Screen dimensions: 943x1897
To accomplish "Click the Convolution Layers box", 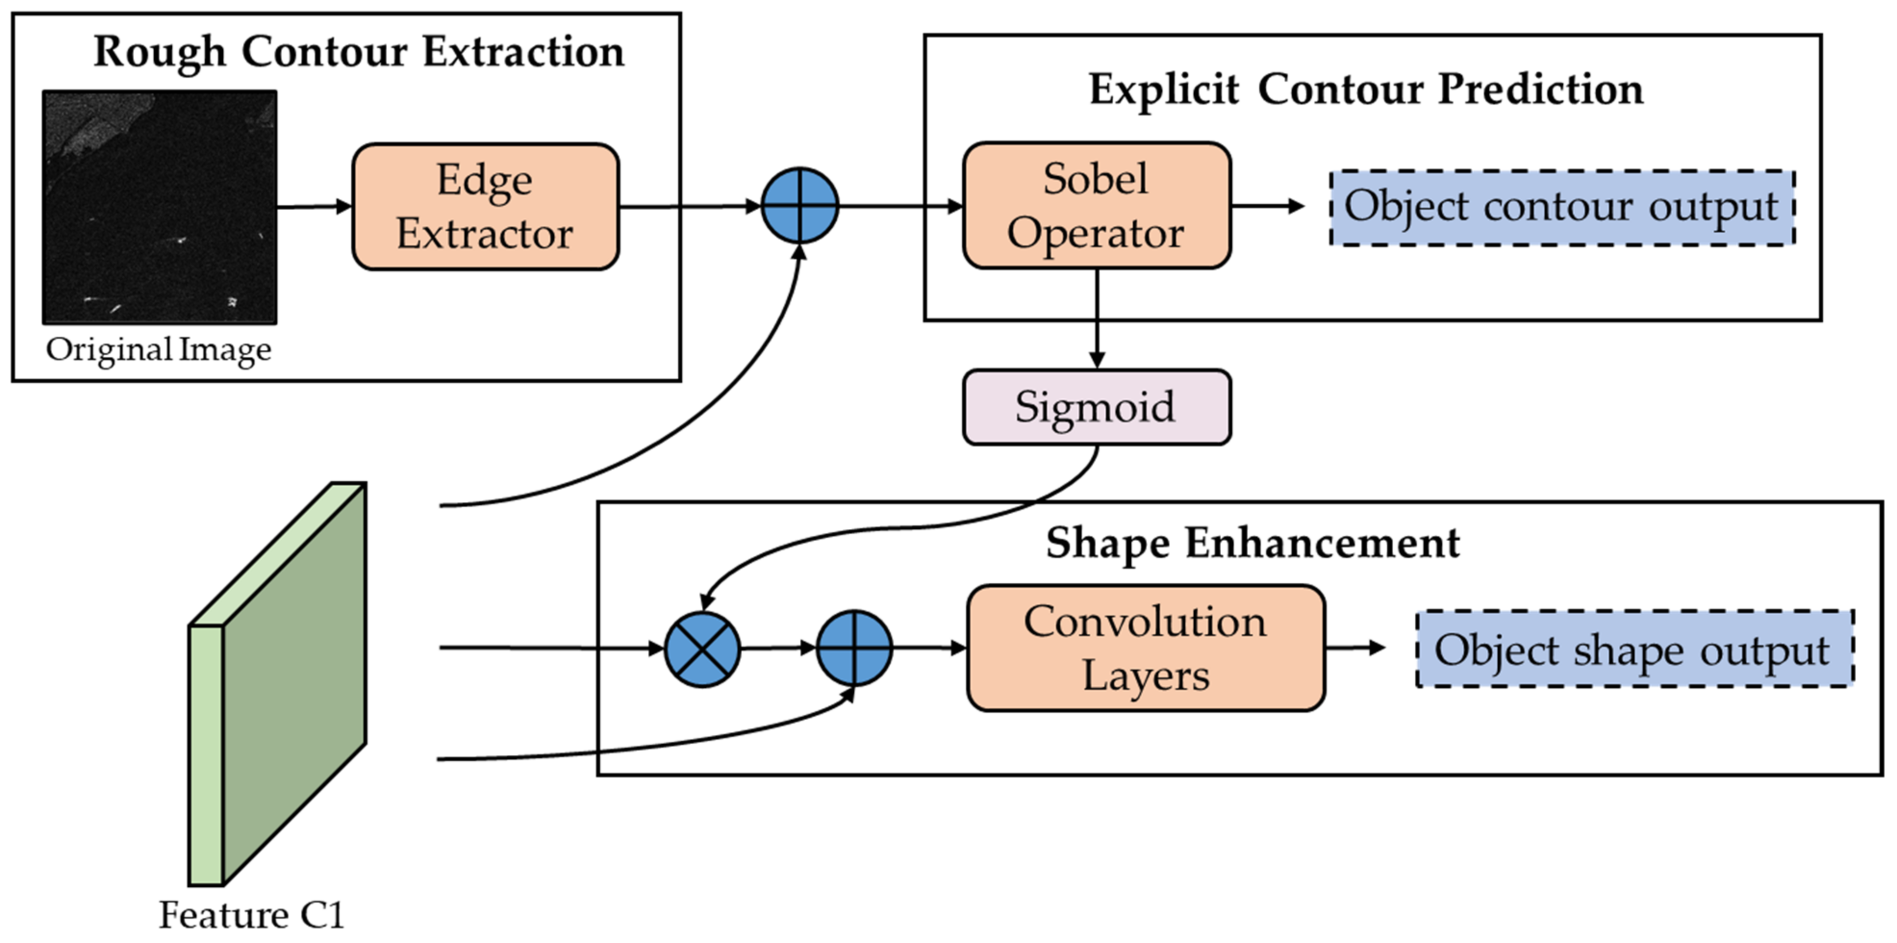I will (x=1146, y=649).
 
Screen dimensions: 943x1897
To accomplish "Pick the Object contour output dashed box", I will (x=1562, y=208).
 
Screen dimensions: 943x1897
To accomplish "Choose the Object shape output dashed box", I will (x=1634, y=649).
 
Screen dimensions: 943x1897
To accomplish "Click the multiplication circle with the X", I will (x=703, y=649).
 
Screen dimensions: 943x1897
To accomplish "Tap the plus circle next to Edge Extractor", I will (x=799, y=205).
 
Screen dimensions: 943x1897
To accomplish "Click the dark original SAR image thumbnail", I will (x=160, y=207).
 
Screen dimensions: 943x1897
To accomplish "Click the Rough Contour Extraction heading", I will (x=359, y=52).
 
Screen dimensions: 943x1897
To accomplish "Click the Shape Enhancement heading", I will (x=1252, y=544).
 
